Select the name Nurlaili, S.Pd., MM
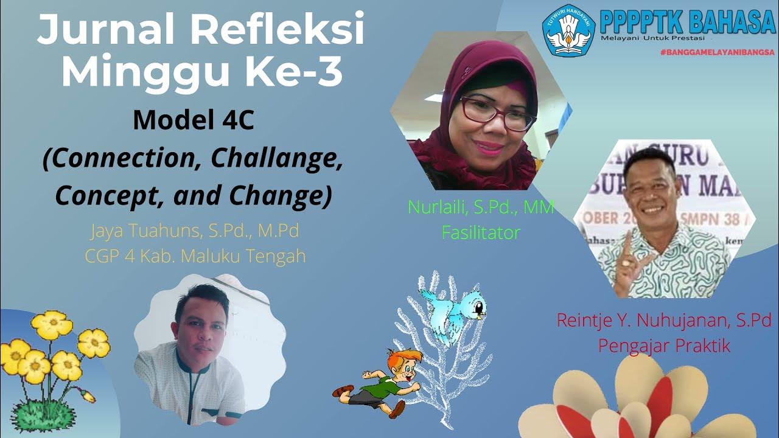pos(481,209)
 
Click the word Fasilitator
pos(481,232)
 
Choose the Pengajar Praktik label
pos(663,346)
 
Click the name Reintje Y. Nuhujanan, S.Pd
pos(663,320)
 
